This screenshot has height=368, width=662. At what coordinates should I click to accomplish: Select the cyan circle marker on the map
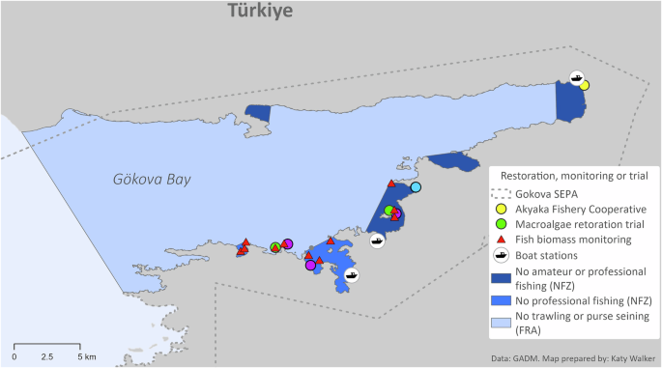[x=416, y=187]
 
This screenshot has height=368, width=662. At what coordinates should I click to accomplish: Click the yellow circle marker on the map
[x=585, y=86]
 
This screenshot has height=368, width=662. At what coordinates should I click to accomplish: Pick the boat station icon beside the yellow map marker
[x=577, y=76]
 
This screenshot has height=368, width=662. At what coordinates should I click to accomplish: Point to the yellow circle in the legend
[x=501, y=209]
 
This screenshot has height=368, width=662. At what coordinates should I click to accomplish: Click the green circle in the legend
[x=501, y=224]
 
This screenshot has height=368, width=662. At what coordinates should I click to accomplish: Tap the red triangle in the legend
[x=501, y=240]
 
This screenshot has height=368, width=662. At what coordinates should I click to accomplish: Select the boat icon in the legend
[x=501, y=255]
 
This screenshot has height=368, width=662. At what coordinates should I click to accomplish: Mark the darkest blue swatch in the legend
[x=501, y=276]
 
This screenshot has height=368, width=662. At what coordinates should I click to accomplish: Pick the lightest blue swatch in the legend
[x=501, y=323]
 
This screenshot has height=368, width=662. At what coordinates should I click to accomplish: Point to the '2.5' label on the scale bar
[x=47, y=356]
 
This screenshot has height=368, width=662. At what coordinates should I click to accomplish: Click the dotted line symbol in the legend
[x=501, y=193]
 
